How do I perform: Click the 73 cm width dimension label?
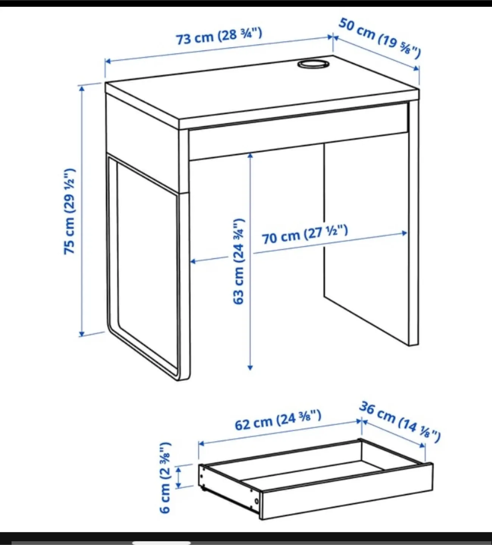[219, 36]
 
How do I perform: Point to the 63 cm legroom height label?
[239, 261]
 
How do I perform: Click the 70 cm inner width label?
[305, 234]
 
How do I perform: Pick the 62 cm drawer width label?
[278, 420]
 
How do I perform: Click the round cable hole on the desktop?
[313, 64]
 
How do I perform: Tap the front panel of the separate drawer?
[346, 492]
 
